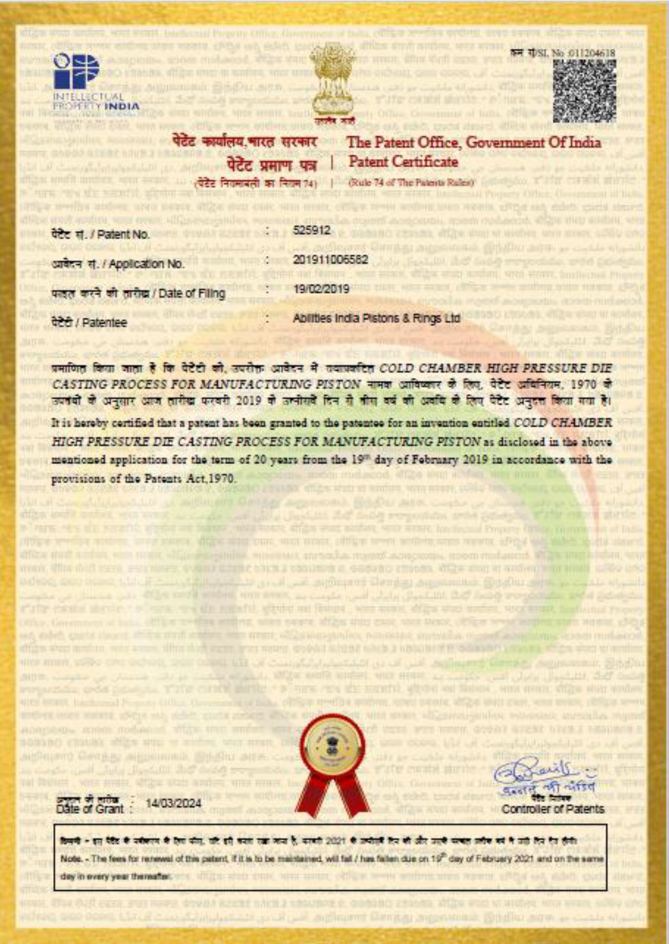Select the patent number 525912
pos(311,230)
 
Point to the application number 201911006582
pos(330,259)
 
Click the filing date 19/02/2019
pos(321,289)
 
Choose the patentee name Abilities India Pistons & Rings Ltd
pos(376,319)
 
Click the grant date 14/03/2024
pos(173,803)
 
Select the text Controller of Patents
pos(553,809)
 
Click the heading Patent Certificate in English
pos(403,162)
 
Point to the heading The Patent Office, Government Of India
pos(473,142)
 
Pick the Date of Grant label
pos(90,809)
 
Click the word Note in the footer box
pos(71,859)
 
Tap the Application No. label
pos(147,264)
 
